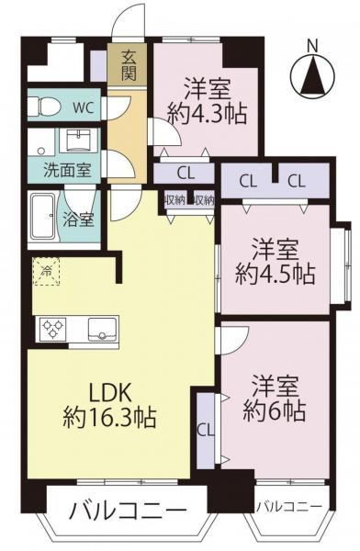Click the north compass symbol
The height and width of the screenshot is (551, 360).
point(312,74)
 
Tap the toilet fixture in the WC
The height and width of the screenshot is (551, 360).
point(41,106)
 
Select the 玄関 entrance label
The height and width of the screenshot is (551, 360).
point(129,65)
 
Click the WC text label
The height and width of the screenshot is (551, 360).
point(83,107)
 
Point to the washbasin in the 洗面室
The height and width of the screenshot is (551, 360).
point(78,141)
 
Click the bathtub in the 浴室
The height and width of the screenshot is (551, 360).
point(42,216)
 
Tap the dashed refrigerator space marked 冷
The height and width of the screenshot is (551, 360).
point(47,271)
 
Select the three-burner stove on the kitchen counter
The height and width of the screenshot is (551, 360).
point(53,329)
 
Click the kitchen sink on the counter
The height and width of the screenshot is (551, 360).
point(102,329)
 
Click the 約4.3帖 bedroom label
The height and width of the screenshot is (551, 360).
point(207,101)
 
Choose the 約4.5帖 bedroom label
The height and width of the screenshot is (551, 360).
point(275,261)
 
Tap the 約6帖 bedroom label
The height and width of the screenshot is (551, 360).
point(275,399)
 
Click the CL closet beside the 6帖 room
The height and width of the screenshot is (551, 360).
point(206,431)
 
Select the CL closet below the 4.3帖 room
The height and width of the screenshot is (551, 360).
point(186,174)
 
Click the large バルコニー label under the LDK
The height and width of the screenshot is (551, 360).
point(128,511)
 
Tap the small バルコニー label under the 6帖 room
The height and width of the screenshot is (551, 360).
point(289,506)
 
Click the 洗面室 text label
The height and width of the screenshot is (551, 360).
point(67,171)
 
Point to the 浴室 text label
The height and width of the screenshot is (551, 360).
point(78,219)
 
